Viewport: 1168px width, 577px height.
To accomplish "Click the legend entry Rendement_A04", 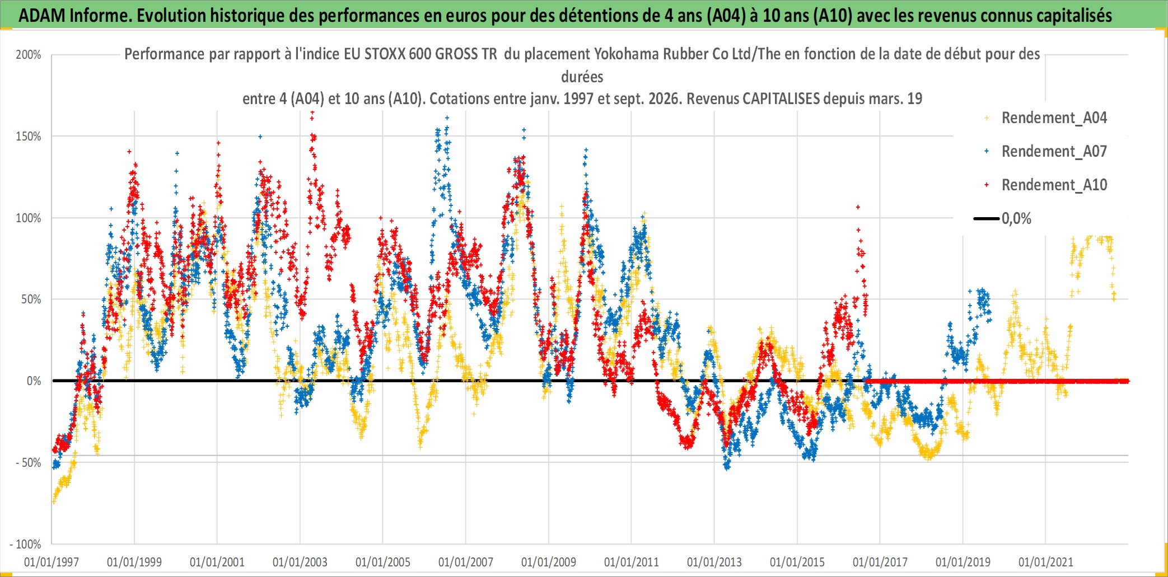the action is tap(1046, 118).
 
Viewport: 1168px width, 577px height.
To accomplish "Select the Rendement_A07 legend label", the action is tap(1046, 152).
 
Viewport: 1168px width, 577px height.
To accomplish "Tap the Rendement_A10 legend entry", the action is tap(1046, 185).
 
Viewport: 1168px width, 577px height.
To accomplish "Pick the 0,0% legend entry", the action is tap(1002, 219).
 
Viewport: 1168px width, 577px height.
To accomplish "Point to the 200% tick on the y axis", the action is tap(29, 55).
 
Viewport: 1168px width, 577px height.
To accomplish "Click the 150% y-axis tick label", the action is tap(29, 137).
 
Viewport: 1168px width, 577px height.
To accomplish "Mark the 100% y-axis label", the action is tap(29, 218).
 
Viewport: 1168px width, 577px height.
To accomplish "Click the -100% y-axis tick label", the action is tap(26, 545).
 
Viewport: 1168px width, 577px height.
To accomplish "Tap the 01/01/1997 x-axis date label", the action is tap(52, 562).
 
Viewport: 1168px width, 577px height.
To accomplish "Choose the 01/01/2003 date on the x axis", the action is tap(300, 562).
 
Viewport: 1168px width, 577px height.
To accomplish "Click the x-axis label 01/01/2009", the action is tap(549, 562).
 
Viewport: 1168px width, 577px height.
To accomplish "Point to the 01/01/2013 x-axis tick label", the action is tap(714, 562).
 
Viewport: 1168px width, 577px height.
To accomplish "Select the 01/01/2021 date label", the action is tap(1046, 562).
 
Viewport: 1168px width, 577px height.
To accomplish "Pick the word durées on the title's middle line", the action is tap(582, 77).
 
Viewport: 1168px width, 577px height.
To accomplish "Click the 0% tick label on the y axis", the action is tap(34, 381).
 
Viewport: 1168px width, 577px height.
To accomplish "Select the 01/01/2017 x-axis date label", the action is tap(880, 562).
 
